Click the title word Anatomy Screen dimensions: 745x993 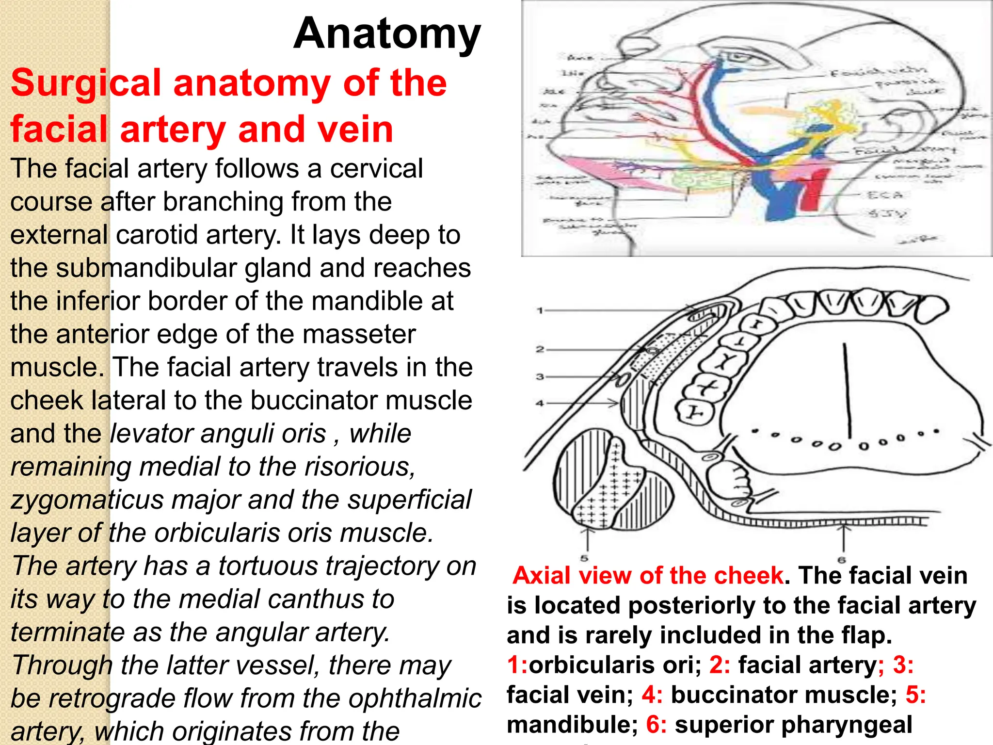point(387,34)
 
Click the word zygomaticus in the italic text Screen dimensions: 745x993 point(87,500)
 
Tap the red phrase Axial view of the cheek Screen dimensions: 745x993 point(648,576)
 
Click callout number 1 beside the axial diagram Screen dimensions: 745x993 point(540,310)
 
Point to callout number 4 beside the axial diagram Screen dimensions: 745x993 point(540,403)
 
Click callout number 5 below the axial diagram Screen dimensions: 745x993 point(584,558)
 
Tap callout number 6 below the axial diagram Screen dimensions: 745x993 point(842,560)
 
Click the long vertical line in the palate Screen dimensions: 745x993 point(847,390)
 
